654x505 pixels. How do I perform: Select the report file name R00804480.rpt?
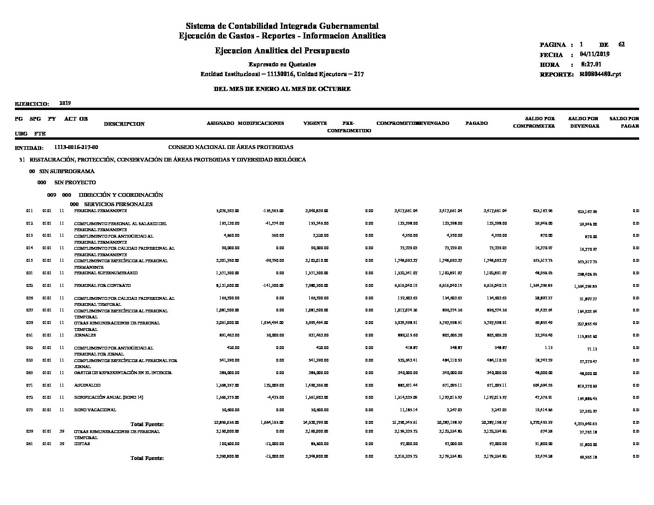click(600, 74)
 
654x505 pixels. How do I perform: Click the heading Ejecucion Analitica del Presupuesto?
click(282, 51)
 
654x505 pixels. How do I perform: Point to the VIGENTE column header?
click(315, 123)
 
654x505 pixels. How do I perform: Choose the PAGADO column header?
click(477, 123)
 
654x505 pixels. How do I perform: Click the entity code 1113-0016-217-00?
click(76, 147)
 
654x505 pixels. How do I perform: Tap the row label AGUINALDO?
click(87, 385)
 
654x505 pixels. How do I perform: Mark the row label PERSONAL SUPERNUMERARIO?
click(106, 273)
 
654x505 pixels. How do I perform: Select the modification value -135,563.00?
click(273, 211)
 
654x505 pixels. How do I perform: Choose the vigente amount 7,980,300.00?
click(316, 285)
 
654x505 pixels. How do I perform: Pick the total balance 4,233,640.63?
click(585, 424)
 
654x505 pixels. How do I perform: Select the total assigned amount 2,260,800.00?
click(228, 456)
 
